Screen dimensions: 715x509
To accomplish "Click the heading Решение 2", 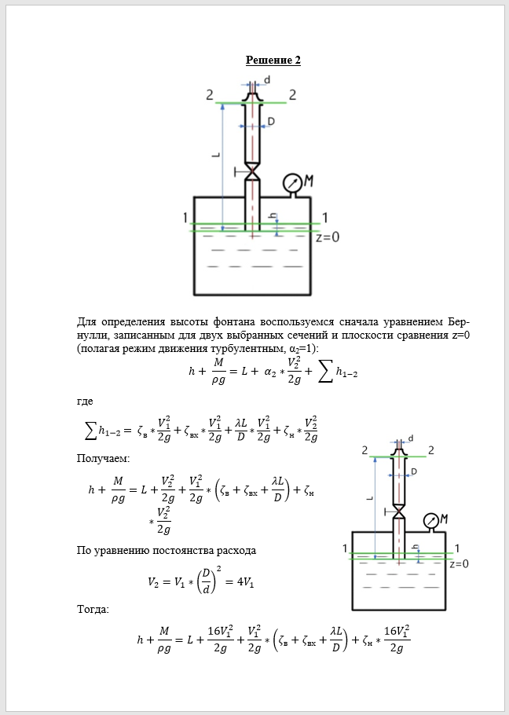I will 273,60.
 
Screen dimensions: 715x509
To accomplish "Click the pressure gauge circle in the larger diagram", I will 292,183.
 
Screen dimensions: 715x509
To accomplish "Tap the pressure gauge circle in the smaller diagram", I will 430,521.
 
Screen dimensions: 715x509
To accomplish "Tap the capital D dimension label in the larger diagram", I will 270,122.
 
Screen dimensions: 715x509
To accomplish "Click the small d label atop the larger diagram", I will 267,80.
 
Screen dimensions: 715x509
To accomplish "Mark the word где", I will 85,401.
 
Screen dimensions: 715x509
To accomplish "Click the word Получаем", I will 104,458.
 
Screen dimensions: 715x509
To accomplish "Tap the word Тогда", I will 93,609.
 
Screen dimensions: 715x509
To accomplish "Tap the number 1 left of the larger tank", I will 185,218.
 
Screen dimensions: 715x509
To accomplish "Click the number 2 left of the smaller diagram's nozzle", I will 364,450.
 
